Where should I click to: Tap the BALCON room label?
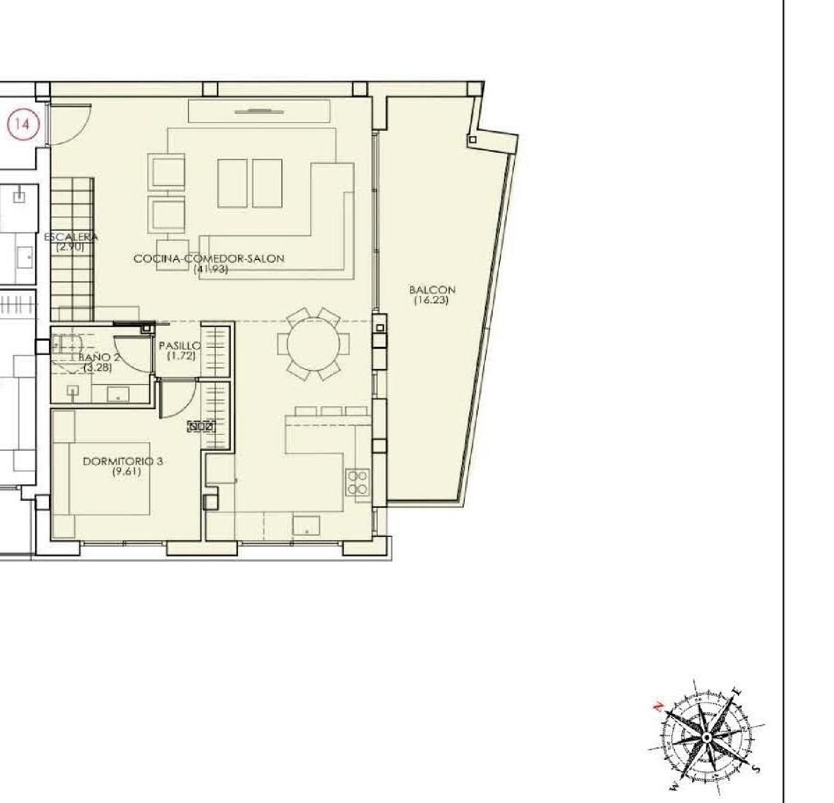point(432,290)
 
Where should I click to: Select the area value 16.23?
point(431,301)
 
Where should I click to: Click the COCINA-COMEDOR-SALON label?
point(209,258)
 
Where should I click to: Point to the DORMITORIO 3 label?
point(123,461)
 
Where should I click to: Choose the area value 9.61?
point(126,472)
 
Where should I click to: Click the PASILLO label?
point(180,346)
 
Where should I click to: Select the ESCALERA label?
point(71,237)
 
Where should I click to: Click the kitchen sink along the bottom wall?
point(306,526)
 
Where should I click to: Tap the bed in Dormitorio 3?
point(110,478)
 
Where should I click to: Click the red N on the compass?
point(658,706)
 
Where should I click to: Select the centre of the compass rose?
point(706,737)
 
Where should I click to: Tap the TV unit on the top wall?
point(259,111)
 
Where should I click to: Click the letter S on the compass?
point(754,769)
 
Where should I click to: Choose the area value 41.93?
point(211,270)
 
